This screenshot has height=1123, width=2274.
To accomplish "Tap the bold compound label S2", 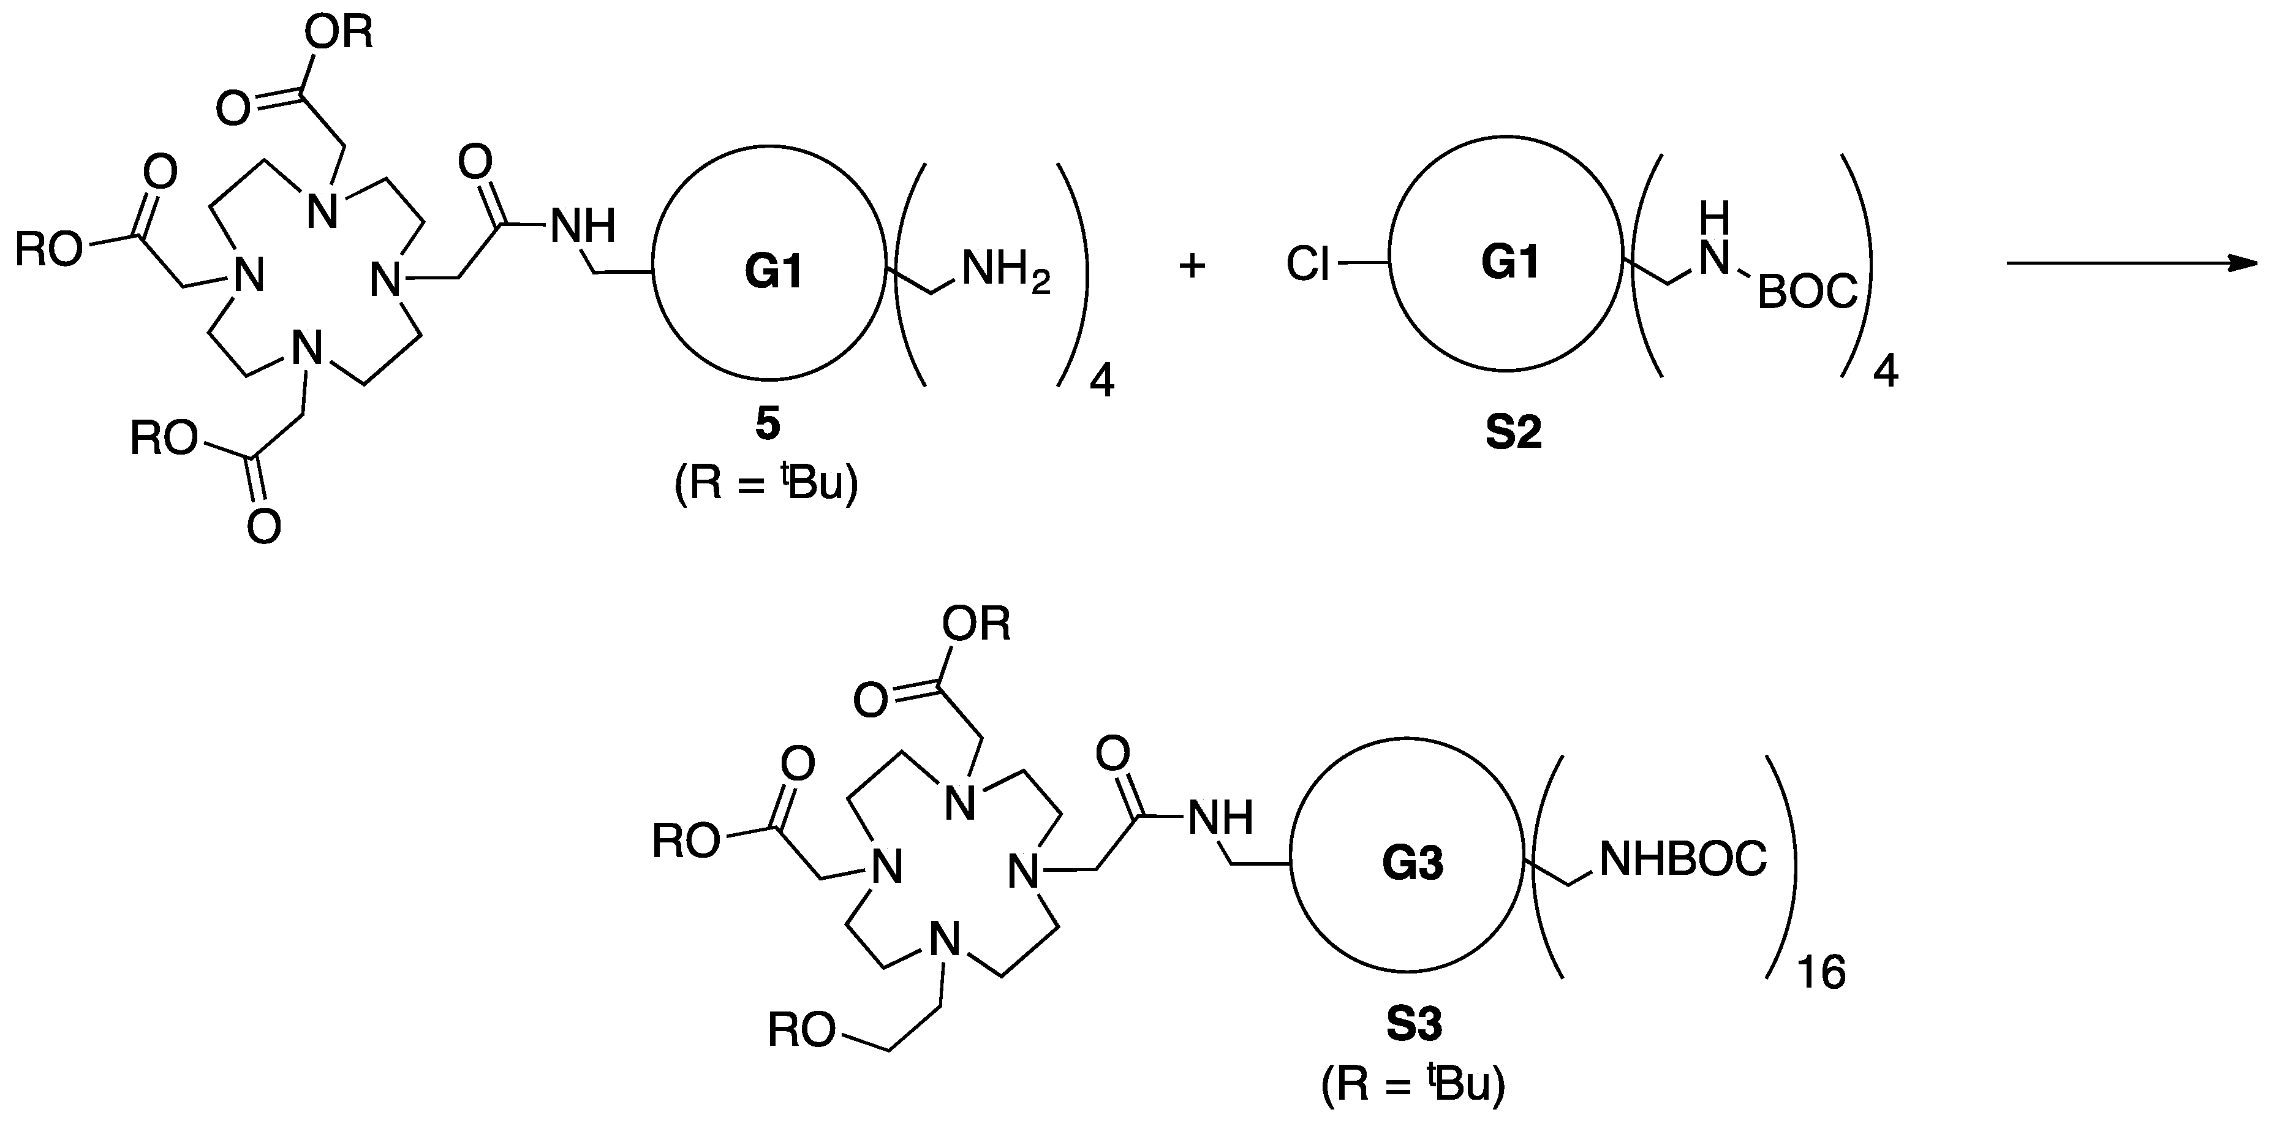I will tap(1513, 433).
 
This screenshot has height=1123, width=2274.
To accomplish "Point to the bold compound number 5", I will tap(767, 425).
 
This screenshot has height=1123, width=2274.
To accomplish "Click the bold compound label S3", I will tap(1413, 1024).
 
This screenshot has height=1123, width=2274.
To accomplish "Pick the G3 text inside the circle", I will tap(1413, 863).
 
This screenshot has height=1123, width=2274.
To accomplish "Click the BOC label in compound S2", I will tap(1808, 292).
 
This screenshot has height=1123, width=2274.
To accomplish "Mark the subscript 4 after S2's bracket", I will tap(1885, 374).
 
